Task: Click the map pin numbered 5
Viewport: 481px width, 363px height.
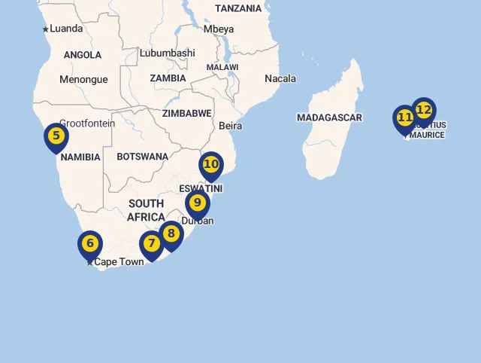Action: [x=56, y=137]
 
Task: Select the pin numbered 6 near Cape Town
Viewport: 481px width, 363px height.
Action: [x=89, y=244]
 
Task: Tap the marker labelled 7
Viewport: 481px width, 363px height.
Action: [x=152, y=244]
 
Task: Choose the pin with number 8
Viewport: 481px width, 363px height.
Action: [x=171, y=234]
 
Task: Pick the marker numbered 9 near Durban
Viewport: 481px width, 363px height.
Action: [x=197, y=203]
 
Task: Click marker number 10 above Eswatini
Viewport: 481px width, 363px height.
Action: [x=211, y=165]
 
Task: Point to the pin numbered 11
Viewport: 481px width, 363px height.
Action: [x=405, y=118]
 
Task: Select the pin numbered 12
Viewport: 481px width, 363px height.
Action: [x=424, y=111]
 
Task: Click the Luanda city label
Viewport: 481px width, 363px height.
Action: [x=66, y=29]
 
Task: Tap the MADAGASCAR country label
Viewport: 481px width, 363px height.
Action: [x=329, y=117]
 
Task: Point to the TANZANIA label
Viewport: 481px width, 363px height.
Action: [x=238, y=8]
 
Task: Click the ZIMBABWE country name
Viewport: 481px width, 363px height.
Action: [x=187, y=113]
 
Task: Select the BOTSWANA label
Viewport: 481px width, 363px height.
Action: [x=142, y=157]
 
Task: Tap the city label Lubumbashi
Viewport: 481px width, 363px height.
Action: [x=167, y=53]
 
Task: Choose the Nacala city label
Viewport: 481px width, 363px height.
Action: [x=280, y=78]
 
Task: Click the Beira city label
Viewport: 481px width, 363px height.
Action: [x=231, y=126]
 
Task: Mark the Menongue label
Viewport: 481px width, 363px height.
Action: [x=83, y=79]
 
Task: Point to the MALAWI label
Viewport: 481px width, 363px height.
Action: [x=222, y=67]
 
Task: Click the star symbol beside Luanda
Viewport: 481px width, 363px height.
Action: [x=45, y=29]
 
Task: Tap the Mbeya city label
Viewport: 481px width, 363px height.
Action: [x=219, y=29]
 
